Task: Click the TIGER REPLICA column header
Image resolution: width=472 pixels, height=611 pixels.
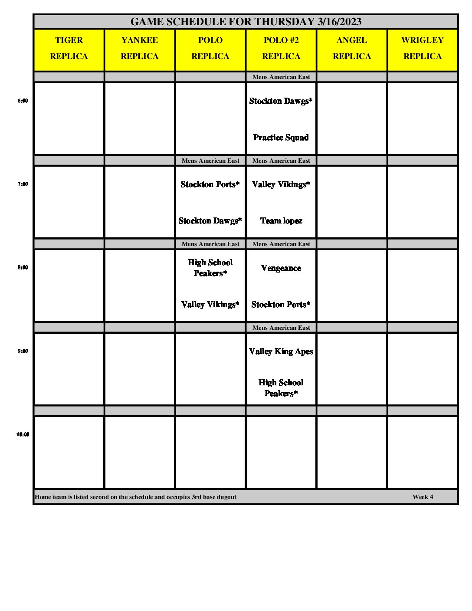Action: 69,48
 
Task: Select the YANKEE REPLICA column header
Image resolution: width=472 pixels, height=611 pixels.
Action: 140,48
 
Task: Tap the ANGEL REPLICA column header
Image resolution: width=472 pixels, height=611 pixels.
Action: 352,48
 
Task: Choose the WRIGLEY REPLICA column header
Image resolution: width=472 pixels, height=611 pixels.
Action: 423,48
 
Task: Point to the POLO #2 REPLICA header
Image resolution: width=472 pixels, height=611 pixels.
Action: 281,48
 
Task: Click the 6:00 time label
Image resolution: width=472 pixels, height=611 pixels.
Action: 23,101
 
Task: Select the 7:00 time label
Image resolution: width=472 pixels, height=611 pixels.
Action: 23,184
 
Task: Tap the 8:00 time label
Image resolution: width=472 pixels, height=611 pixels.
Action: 23,267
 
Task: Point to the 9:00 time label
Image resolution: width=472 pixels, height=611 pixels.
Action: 23,351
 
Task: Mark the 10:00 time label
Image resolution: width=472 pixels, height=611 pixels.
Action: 23,434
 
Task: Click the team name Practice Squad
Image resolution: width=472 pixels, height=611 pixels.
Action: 281,138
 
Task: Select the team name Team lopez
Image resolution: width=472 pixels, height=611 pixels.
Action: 281,221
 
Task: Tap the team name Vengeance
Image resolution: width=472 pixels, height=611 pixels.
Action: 281,268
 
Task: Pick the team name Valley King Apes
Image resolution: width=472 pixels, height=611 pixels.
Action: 281,351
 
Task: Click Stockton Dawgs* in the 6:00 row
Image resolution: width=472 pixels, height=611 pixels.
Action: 281,101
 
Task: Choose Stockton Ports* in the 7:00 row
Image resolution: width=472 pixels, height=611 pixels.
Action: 210,184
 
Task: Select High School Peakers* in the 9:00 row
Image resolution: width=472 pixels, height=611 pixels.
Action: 281,388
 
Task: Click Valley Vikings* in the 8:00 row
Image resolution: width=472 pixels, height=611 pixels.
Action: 210,305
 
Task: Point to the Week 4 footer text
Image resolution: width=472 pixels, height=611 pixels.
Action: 423,497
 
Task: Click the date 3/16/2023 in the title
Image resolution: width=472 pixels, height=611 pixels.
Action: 339,22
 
